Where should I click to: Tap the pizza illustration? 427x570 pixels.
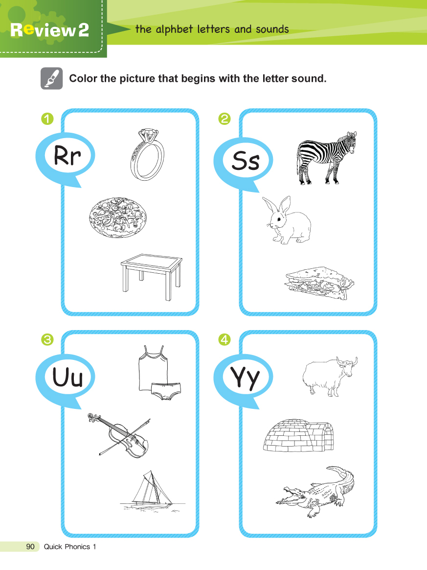(x=118, y=217)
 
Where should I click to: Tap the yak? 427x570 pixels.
(x=330, y=376)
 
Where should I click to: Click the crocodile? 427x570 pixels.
(x=315, y=491)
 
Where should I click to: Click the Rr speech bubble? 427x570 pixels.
(x=66, y=158)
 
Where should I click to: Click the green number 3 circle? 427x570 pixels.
(x=47, y=340)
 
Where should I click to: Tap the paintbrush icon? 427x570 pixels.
(x=51, y=78)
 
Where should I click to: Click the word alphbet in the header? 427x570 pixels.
(x=174, y=29)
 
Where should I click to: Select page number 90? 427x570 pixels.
(x=30, y=546)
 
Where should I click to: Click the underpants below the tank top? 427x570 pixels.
(x=166, y=391)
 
